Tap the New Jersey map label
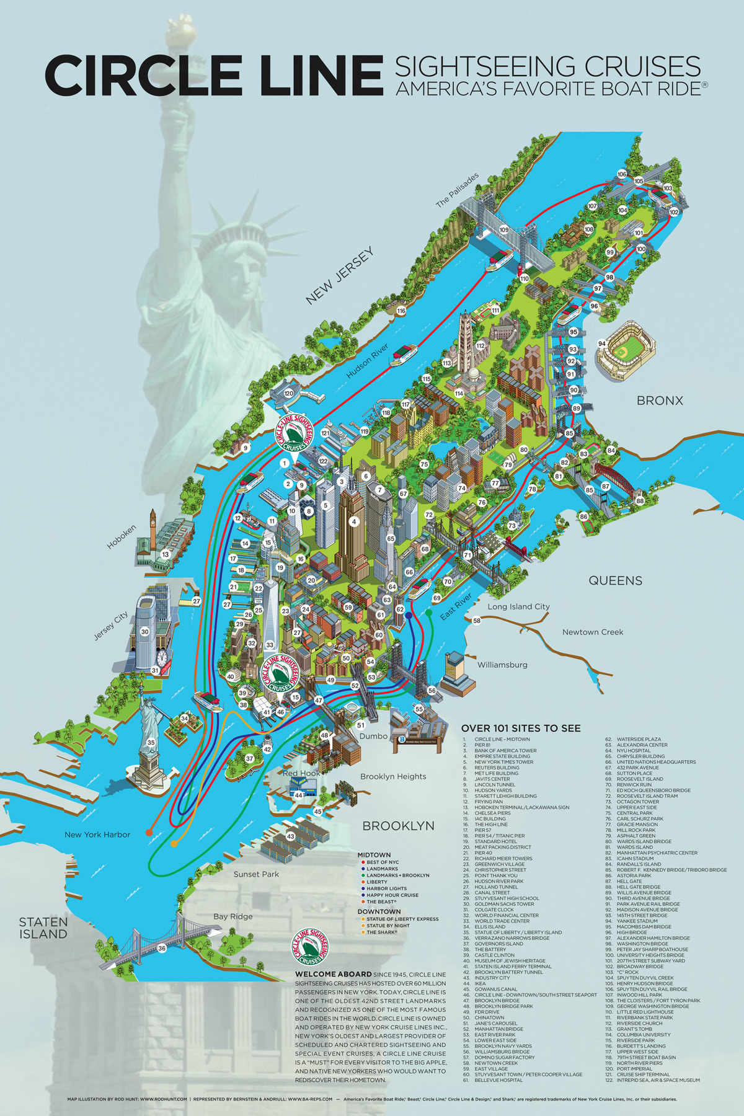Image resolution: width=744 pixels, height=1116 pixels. point(340,275)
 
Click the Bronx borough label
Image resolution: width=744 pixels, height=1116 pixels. point(660,401)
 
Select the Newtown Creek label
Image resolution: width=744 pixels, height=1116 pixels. point(593,632)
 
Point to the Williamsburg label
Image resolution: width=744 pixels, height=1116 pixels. point(502,665)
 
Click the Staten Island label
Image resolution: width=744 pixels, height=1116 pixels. point(43,928)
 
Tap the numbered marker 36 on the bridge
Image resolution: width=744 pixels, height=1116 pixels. point(162,948)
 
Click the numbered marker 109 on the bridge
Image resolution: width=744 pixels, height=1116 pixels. point(503,229)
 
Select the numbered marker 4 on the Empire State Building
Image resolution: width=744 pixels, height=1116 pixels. point(354,521)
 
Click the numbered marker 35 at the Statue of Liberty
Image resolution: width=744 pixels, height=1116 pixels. point(151,742)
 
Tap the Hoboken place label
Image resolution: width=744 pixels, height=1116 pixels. point(122,537)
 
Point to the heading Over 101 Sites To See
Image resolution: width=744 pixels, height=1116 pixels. point(521,728)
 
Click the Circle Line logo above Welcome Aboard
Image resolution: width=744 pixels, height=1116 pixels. point(310,946)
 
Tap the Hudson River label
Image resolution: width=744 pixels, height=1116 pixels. point(367,361)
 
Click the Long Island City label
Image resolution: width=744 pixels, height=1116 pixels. point(518,606)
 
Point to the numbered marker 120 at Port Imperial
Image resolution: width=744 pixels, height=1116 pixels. point(288,393)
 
